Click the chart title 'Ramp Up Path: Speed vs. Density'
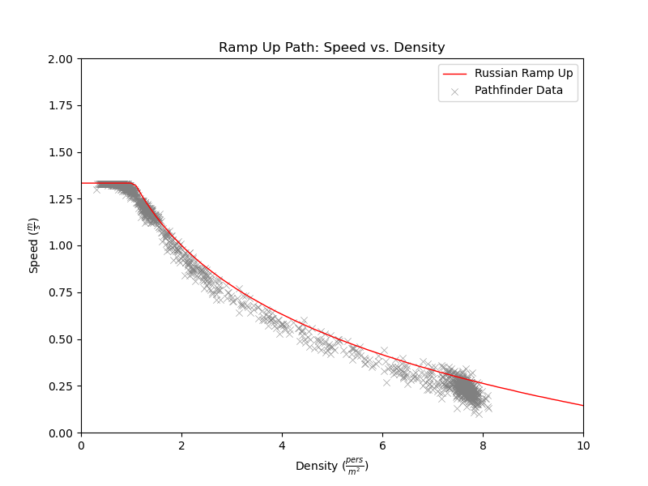[331, 48]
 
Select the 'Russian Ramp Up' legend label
[523, 74]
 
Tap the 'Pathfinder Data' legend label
[518, 91]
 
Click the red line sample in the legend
[455, 74]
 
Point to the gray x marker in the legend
[455, 92]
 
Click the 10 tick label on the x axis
[583, 446]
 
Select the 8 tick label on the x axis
[483, 446]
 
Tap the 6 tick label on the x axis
[382, 446]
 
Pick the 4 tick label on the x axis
[282, 446]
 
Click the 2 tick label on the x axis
[181, 446]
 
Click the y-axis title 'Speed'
[34, 245]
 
